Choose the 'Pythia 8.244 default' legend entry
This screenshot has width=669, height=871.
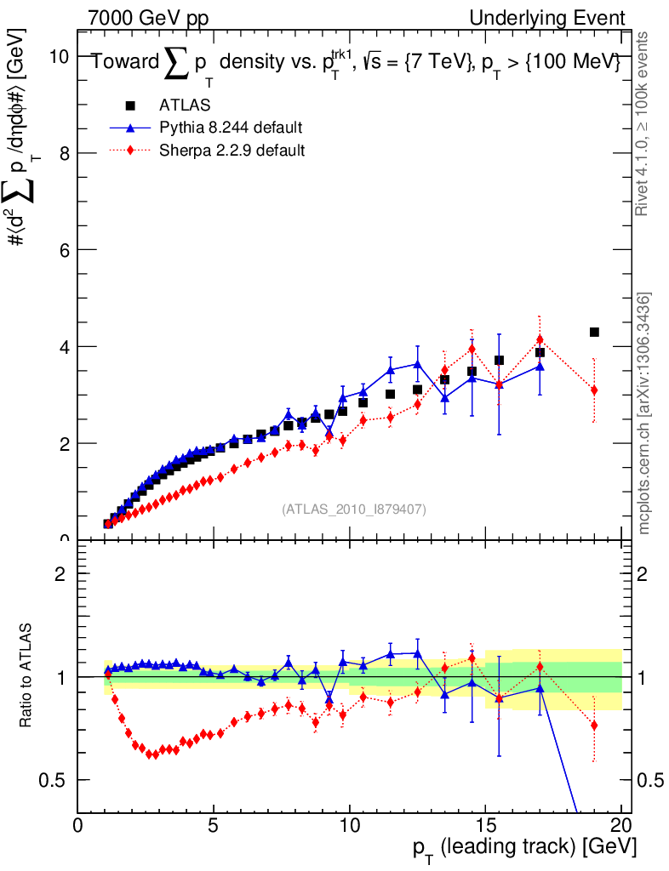[x=231, y=128]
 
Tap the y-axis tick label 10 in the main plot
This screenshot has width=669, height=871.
[x=58, y=56]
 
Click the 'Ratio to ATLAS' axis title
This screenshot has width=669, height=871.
[x=28, y=676]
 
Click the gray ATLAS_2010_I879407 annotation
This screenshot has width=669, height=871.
[x=354, y=509]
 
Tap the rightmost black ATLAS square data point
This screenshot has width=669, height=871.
[x=594, y=332]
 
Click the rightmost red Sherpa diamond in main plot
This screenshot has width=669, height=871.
[x=594, y=390]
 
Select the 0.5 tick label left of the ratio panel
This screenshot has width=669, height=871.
[x=58, y=780]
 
